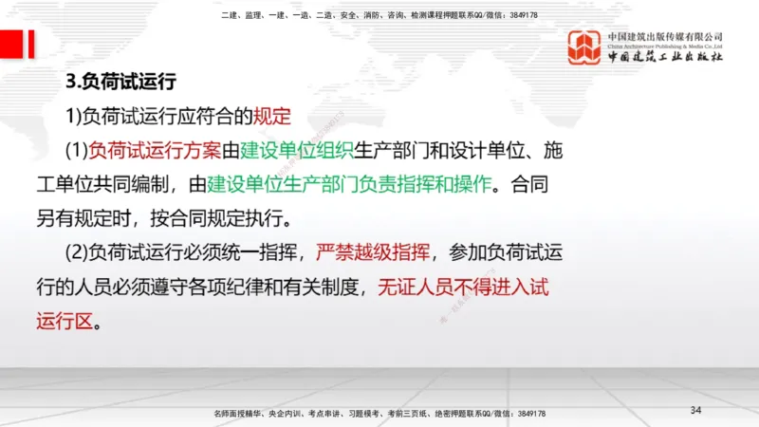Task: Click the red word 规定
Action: (x=270, y=118)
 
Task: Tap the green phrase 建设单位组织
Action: (x=297, y=150)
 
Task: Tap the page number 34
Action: (x=695, y=410)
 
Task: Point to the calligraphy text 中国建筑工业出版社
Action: (x=665, y=58)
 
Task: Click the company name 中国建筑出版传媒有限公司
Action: (x=665, y=37)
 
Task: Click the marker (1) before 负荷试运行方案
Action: (x=75, y=150)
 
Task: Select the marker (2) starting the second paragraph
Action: (x=75, y=252)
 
